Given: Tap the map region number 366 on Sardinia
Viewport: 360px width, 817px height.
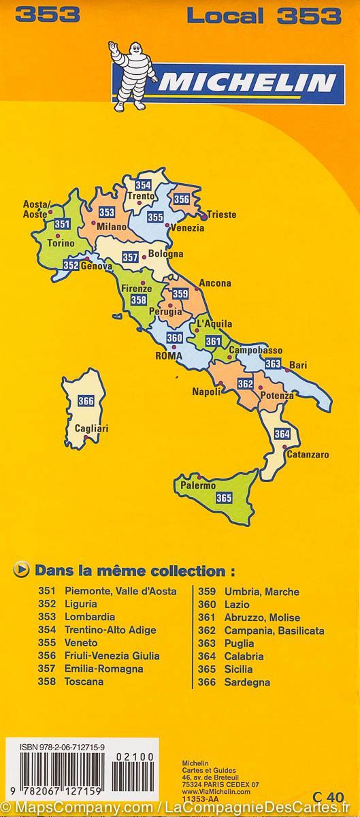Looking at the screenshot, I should coord(86,401).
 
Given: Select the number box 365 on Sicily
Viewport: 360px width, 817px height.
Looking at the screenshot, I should coord(224,498).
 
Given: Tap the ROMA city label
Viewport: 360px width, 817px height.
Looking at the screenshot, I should coord(169,355).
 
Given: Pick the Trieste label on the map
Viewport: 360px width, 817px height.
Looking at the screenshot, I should coord(221,214).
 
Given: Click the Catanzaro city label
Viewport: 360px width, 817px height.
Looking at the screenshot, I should coord(308,454).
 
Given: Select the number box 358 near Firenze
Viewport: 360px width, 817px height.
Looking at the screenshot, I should coord(139,300).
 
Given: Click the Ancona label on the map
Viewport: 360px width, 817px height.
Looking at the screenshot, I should coord(215,283).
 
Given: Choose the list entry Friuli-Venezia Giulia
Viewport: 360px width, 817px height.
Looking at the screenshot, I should coord(112,656).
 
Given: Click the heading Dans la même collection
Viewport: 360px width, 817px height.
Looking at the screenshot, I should coord(130,570).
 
